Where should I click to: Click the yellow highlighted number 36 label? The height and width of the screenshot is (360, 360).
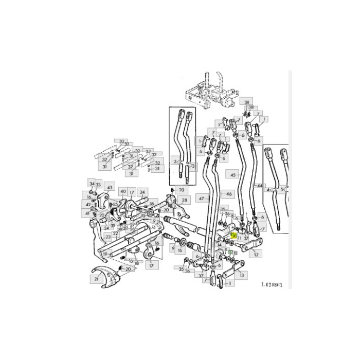(x=233, y=236)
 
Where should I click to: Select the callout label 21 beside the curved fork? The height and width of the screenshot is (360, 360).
(x=96, y=279)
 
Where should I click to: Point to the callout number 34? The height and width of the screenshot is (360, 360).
(x=92, y=184)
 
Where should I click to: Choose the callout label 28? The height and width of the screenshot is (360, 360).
(x=184, y=199)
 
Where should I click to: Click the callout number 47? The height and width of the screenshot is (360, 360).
(x=201, y=197)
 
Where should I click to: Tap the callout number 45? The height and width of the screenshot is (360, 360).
(x=233, y=175)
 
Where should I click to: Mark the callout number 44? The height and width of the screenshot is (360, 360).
(x=260, y=185)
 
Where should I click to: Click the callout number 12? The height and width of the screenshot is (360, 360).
(x=256, y=254)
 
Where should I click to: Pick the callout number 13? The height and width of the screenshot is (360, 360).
(x=242, y=275)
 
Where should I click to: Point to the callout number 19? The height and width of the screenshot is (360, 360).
(x=105, y=254)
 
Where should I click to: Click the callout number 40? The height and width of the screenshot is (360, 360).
(x=123, y=191)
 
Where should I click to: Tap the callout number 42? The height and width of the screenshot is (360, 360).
(x=88, y=205)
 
